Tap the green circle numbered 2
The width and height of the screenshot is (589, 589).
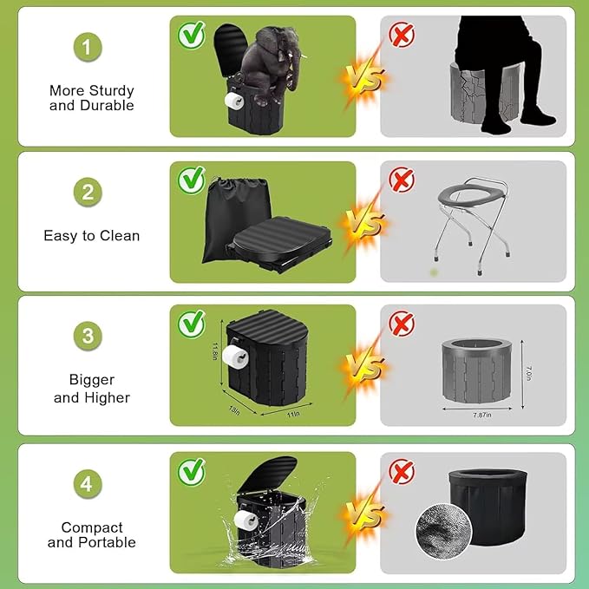click(87, 193)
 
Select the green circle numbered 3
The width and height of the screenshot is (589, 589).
click(87, 336)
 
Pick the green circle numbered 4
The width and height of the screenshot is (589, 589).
click(87, 483)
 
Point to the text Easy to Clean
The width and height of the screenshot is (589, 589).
click(91, 235)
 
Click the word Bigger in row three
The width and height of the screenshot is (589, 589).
click(91, 380)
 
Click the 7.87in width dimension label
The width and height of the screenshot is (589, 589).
click(476, 415)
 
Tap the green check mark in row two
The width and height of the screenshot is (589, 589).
click(191, 180)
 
